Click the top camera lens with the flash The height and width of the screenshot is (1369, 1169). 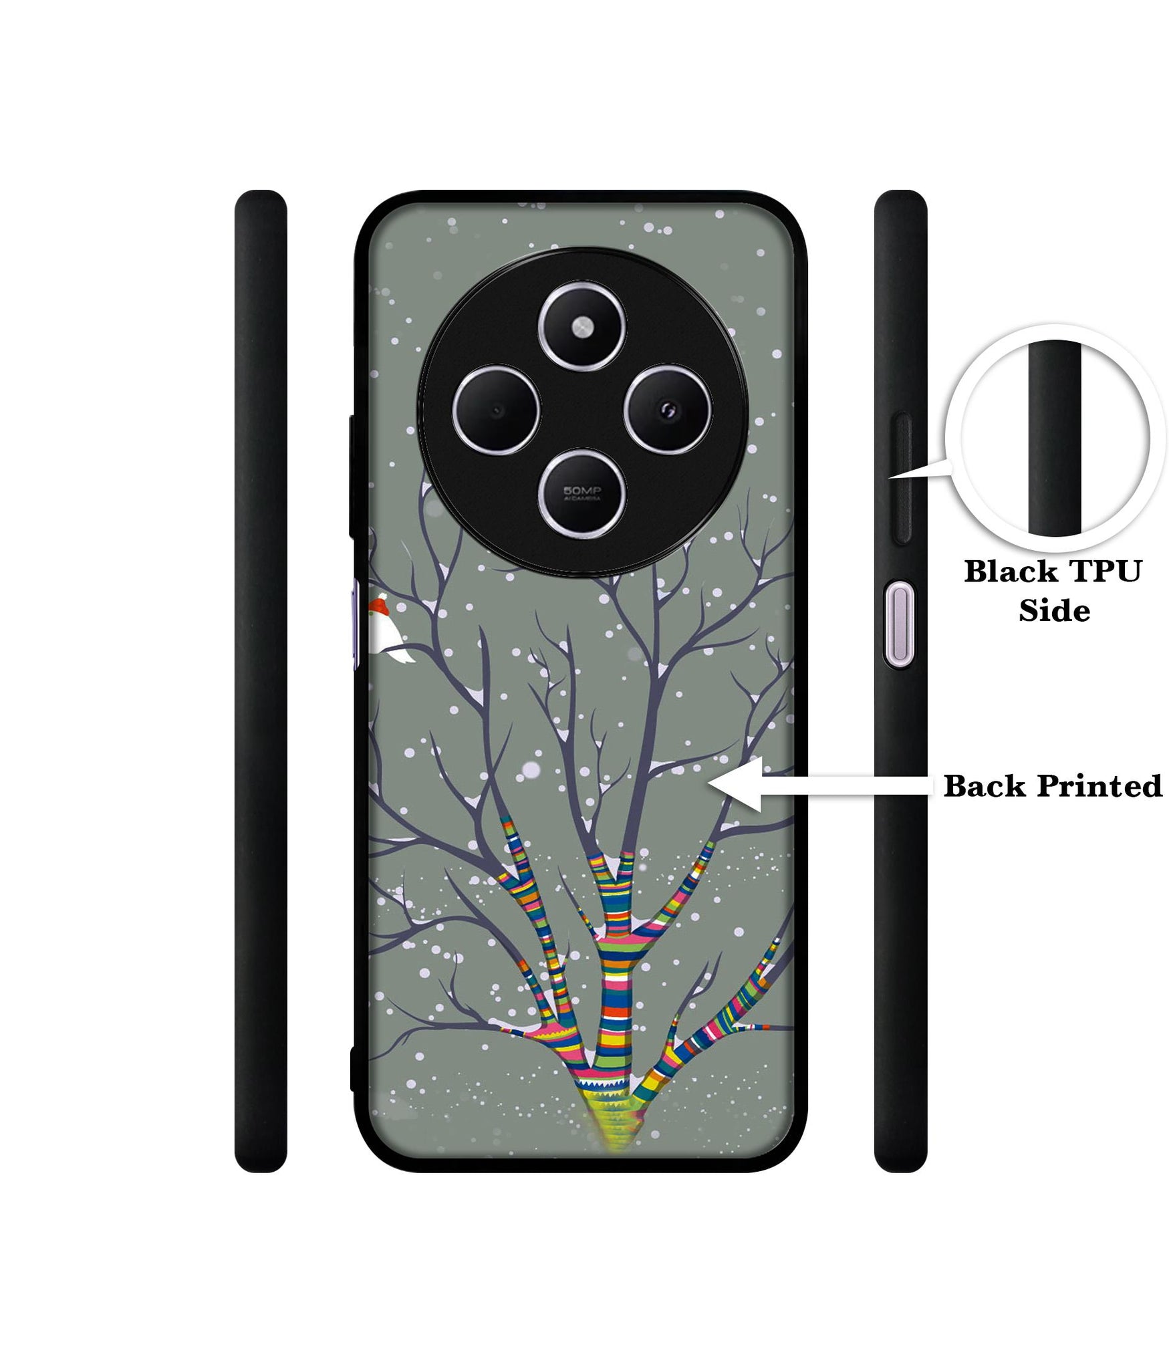pos(583,326)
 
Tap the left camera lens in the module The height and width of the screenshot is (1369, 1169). pos(495,409)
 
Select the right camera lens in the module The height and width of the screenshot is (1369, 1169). pos(668,408)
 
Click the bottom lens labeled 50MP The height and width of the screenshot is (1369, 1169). pos(583,493)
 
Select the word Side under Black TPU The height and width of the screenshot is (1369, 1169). pos(1054,611)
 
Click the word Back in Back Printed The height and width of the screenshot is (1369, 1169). pos(984,787)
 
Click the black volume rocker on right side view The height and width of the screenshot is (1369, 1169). pos(901,477)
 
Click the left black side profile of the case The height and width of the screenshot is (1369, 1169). pos(261,682)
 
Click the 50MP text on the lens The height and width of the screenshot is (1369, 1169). pos(582,491)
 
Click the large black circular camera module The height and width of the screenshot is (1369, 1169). pos(582,410)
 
